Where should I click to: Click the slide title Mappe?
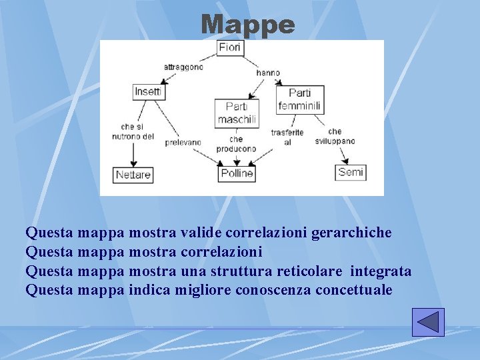[x=247, y=25]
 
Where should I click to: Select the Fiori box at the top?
[x=230, y=48]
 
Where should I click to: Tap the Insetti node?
[x=148, y=91]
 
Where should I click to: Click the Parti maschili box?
[x=237, y=113]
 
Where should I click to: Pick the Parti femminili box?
[x=299, y=99]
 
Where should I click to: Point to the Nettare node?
[x=133, y=175]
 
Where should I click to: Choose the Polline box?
[x=237, y=173]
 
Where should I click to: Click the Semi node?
[x=351, y=172]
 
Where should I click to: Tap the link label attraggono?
[x=183, y=67]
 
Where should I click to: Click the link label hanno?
[x=268, y=73]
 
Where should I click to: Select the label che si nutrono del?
[x=133, y=132]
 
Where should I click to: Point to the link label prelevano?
[x=183, y=142]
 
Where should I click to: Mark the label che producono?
[x=237, y=144]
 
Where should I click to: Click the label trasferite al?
[x=287, y=137]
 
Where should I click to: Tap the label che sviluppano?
[x=335, y=137]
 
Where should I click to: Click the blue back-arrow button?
[x=427, y=322]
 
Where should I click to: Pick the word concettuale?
[x=354, y=290]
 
